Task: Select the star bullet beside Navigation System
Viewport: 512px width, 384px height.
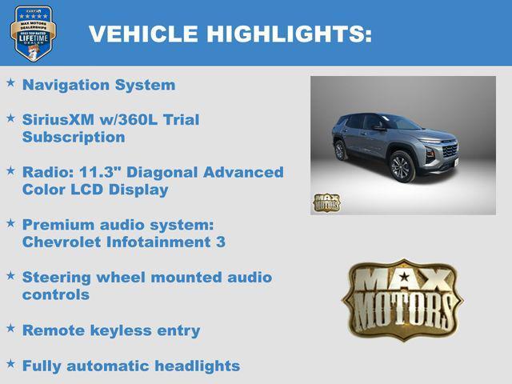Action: click(10, 82)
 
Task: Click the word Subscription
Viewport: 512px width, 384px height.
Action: click(74, 137)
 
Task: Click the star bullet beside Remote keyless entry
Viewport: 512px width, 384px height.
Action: click(10, 328)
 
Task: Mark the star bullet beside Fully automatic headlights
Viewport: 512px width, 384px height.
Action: click(10, 363)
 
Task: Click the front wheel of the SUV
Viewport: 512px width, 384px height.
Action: click(400, 167)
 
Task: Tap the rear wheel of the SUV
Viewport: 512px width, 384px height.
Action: click(341, 150)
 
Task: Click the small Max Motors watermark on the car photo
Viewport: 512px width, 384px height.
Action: click(326, 202)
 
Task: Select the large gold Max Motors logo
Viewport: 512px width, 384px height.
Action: click(402, 300)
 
